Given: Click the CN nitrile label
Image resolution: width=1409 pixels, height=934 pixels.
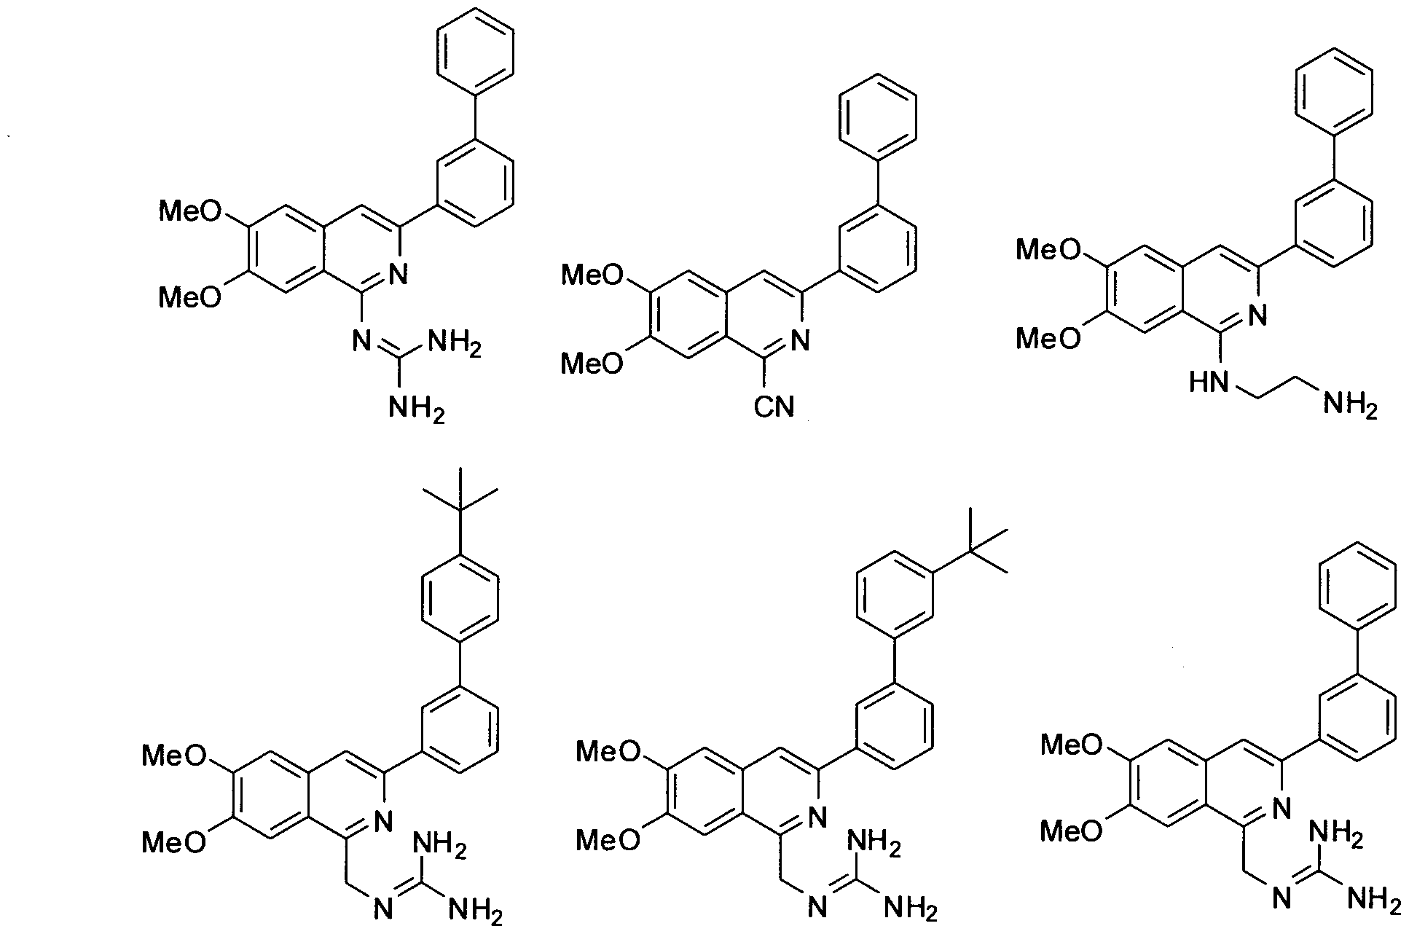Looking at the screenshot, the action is [774, 407].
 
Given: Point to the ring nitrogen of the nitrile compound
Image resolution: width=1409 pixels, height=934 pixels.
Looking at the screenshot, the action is [800, 341].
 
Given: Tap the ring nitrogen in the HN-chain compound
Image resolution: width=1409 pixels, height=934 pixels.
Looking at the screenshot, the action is [1256, 315].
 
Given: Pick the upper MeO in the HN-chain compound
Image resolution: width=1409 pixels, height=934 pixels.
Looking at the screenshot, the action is [1048, 250].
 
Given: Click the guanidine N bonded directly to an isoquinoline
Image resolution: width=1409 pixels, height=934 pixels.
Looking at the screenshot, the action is [361, 340].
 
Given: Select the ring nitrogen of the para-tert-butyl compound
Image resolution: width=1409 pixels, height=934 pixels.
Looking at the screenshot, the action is [382, 821].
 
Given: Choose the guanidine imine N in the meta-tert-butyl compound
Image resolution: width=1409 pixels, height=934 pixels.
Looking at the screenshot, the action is [816, 908].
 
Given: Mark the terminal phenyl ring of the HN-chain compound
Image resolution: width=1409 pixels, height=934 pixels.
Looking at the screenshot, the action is [1334, 91].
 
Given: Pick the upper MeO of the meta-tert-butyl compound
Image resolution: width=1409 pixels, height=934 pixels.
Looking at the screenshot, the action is [608, 751].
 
